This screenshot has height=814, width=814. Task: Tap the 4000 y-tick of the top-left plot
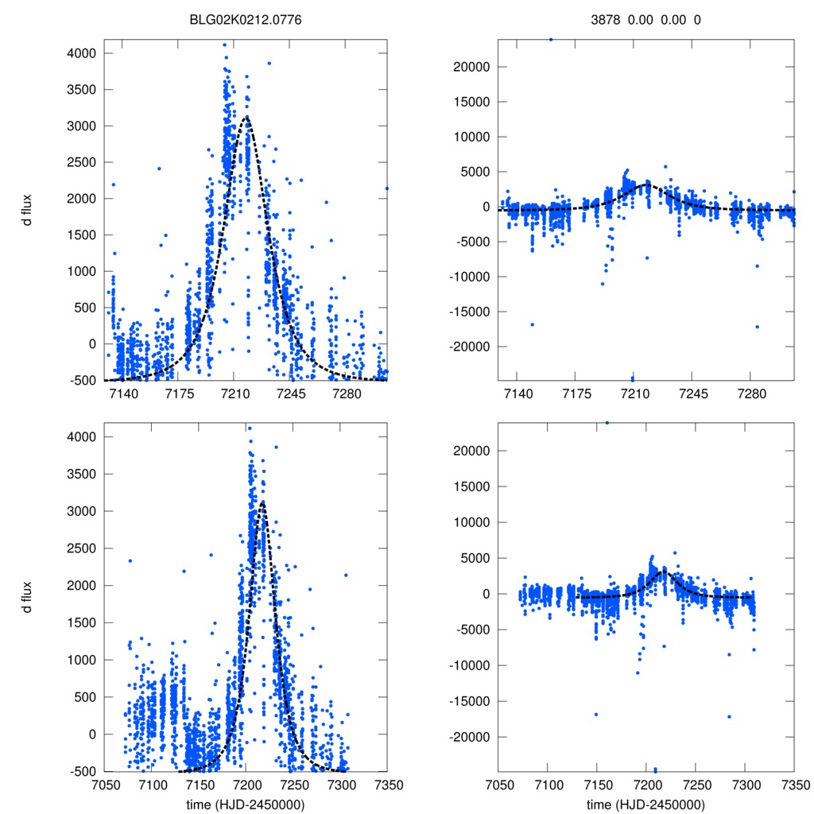pyautogui.click(x=81, y=53)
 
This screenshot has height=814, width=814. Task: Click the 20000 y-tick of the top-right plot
pyautogui.click(x=467, y=67)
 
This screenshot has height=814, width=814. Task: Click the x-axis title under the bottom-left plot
pyautogui.click(x=246, y=804)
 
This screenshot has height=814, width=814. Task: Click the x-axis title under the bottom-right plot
pyautogui.click(x=645, y=804)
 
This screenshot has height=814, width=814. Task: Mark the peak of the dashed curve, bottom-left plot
pyautogui.click(x=262, y=501)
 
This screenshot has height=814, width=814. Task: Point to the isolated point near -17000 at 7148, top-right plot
pyautogui.click(x=532, y=324)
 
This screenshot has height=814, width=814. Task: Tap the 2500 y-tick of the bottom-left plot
pyautogui.click(x=81, y=548)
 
